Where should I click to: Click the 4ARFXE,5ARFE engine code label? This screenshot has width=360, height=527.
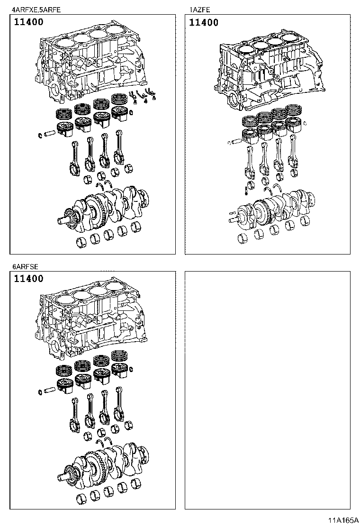(x=36, y=9)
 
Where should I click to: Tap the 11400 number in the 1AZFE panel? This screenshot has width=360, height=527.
(x=204, y=22)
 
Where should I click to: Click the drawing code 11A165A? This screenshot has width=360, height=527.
(x=343, y=520)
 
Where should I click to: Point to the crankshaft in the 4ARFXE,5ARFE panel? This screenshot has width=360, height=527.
(x=107, y=206)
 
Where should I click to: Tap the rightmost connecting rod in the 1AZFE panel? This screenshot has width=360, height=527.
(x=295, y=154)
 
